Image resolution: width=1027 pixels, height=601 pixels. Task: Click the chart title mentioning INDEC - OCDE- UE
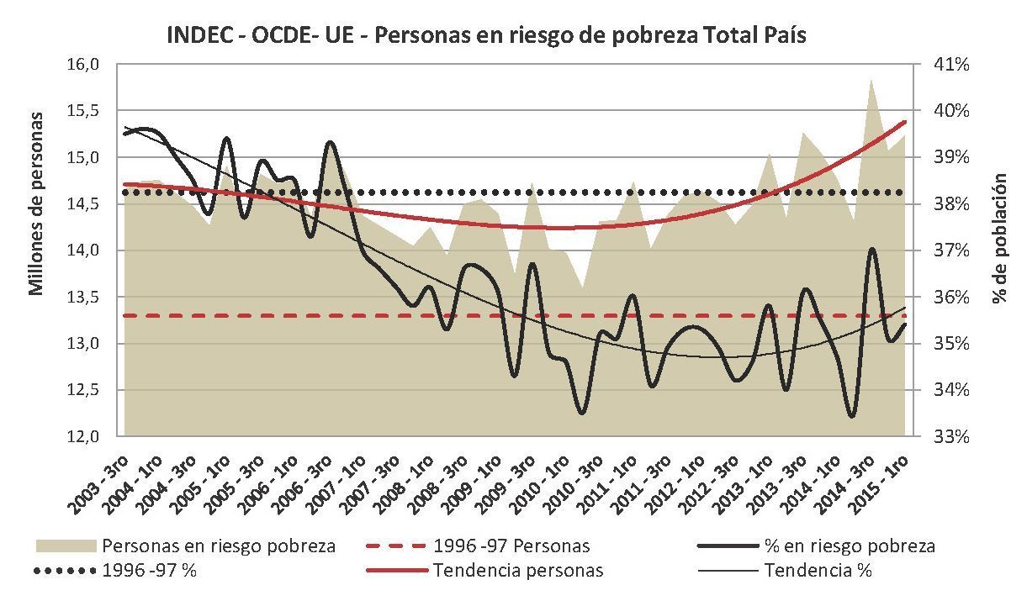click(x=486, y=34)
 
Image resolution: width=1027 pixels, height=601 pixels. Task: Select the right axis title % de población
click(x=999, y=238)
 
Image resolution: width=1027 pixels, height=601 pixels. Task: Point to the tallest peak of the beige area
click(x=871, y=80)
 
